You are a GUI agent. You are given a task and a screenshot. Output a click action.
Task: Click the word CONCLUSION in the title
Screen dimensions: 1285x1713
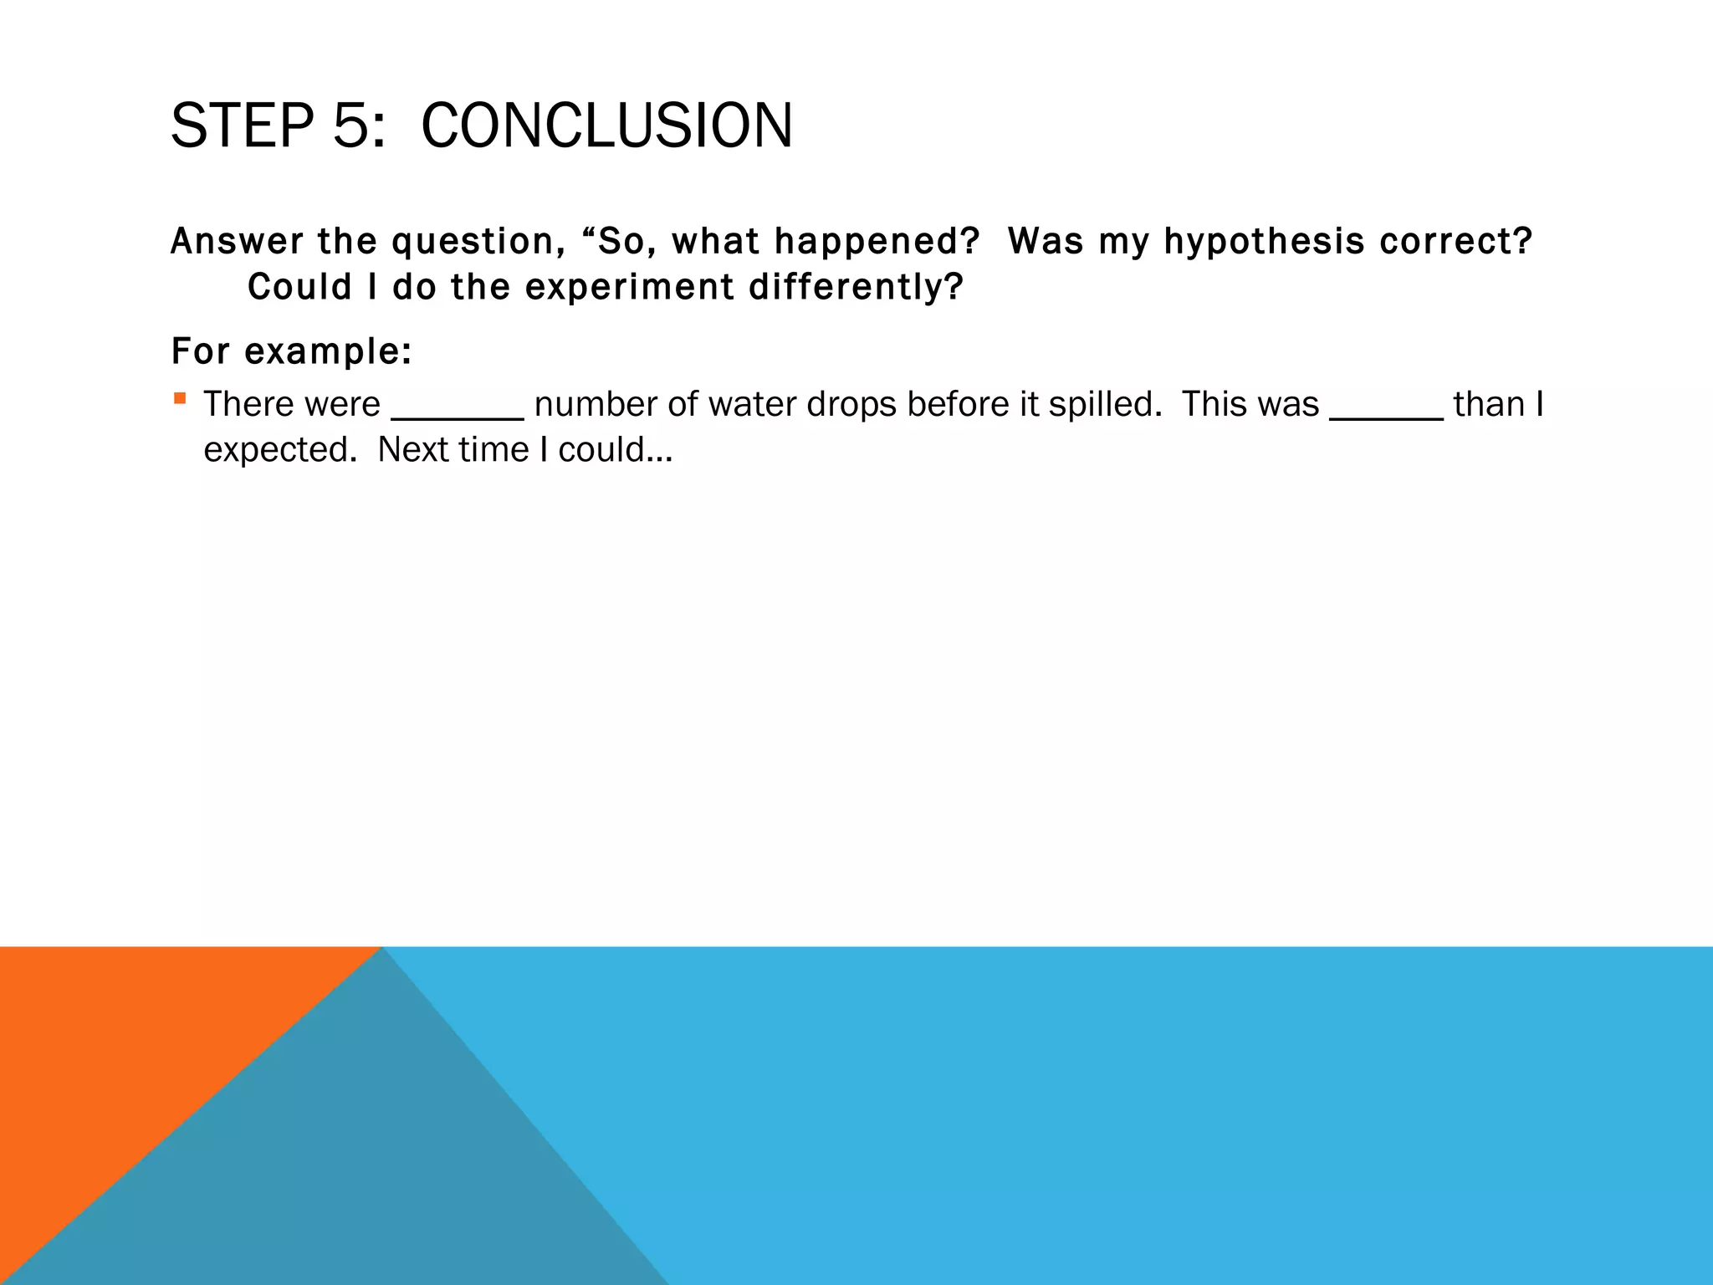tap(606, 125)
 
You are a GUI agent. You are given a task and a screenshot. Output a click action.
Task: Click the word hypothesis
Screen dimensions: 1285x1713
tap(1264, 242)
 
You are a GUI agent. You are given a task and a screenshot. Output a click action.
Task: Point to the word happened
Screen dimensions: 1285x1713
tap(876, 242)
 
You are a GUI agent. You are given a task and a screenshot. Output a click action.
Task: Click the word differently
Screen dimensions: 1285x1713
tap(855, 287)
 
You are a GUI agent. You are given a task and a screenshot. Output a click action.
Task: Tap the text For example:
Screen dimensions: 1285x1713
tap(291, 351)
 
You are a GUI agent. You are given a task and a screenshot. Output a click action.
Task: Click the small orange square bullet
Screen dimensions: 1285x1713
tap(180, 398)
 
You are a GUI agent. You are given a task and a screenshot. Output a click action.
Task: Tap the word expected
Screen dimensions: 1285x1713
tap(280, 450)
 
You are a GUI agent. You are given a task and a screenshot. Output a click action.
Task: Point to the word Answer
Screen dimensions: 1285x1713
tap(237, 242)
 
